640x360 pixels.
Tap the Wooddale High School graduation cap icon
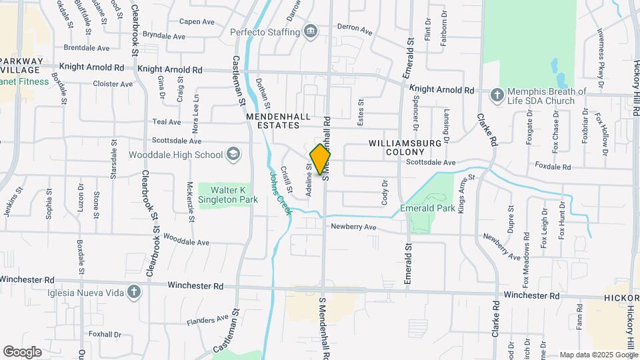point(233,155)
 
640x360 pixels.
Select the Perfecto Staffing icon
point(311,31)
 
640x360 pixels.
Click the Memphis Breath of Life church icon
point(497,96)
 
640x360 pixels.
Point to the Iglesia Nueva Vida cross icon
point(134,292)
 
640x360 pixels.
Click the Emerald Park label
point(427,209)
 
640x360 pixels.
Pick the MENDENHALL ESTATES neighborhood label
point(278,121)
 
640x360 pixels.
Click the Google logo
point(22,351)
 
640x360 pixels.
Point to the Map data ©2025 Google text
point(598,355)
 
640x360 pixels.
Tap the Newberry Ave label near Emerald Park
point(354,227)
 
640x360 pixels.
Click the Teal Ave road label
point(167,122)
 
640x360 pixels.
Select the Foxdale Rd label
point(553,167)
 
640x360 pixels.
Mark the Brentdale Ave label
point(87,48)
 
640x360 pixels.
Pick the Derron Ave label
point(355,29)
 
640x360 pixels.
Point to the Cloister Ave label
point(113,84)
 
